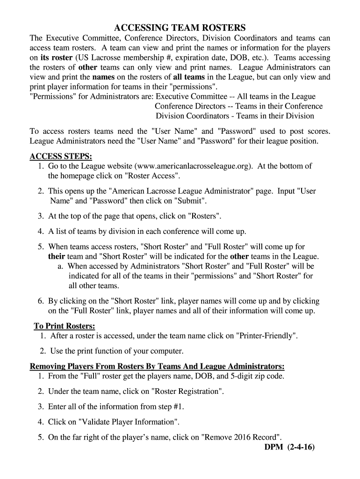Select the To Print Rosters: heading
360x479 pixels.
(65, 326)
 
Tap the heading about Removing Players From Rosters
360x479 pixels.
(157, 365)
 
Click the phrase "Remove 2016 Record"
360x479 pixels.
(241, 437)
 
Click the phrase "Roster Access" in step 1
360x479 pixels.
(151, 176)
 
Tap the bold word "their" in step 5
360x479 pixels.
(57, 256)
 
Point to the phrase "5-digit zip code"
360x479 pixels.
(255, 376)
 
